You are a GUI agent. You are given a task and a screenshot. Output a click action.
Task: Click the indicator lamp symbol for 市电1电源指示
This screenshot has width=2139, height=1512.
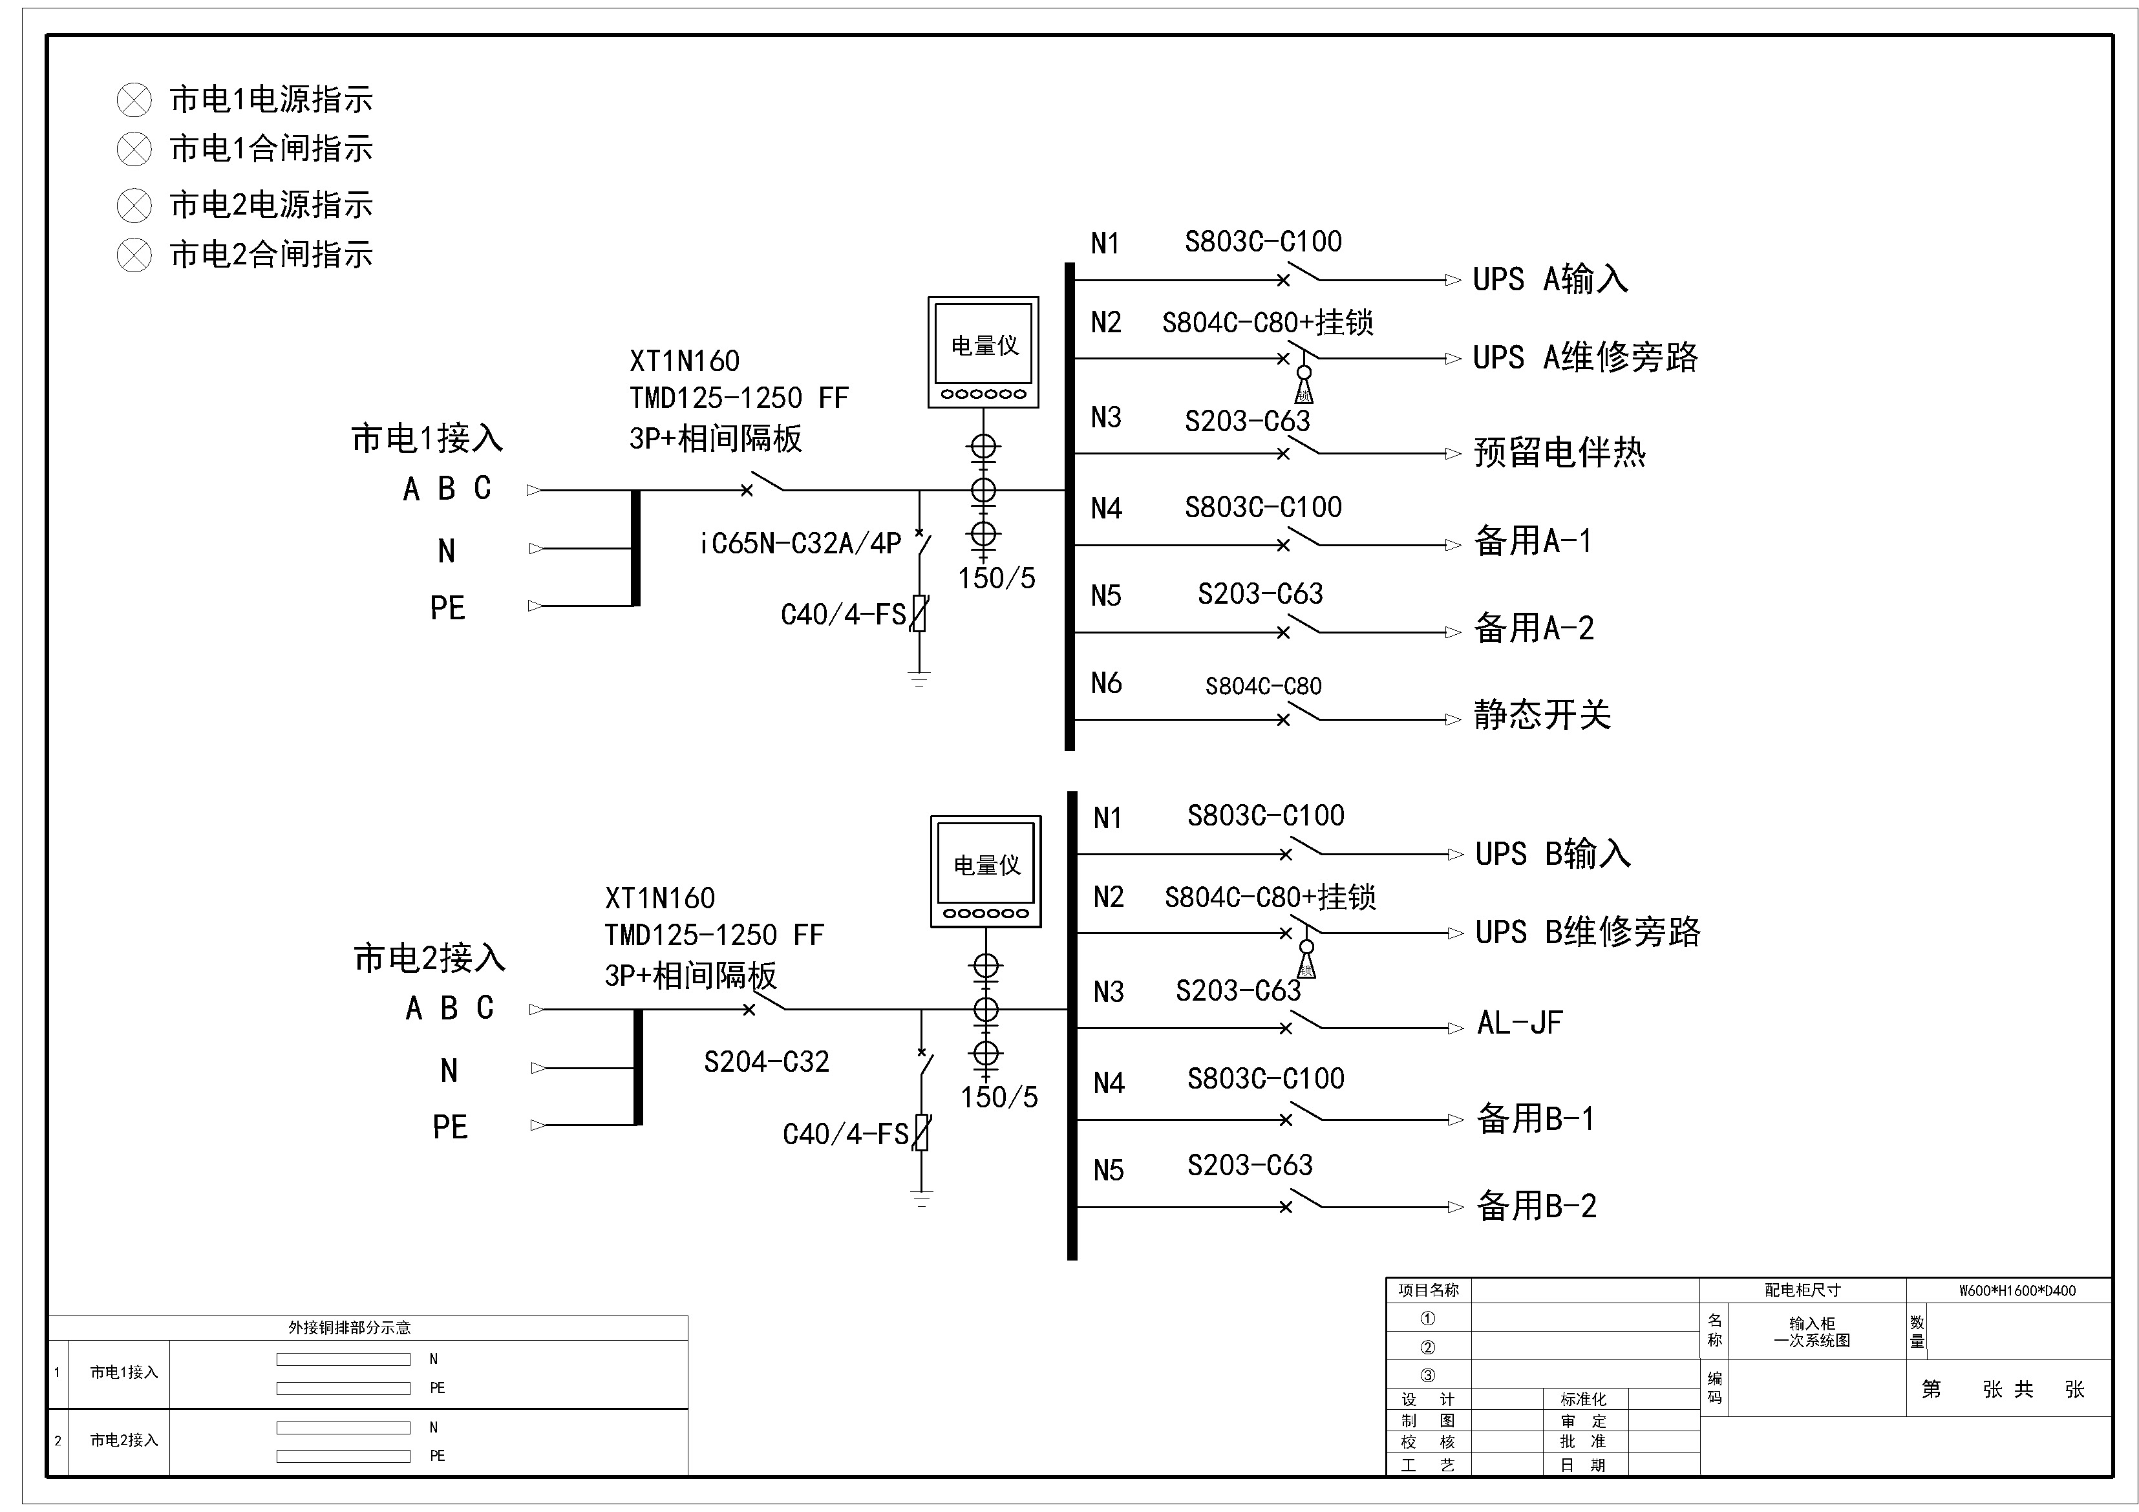(x=134, y=100)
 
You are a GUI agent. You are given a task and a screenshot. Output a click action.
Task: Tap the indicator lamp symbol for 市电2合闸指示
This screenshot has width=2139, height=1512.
(x=134, y=254)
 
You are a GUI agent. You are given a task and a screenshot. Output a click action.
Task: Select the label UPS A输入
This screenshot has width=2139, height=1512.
(x=1549, y=279)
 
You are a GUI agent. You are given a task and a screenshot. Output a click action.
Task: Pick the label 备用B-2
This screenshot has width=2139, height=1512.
(x=1537, y=1206)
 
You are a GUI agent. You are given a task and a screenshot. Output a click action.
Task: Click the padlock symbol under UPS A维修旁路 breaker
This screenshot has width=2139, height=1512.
(x=1304, y=386)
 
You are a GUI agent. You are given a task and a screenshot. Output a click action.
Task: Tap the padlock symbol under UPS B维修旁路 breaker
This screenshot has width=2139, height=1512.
(x=1307, y=961)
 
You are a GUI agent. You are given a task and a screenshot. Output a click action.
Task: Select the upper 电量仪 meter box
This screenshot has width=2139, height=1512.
(x=983, y=352)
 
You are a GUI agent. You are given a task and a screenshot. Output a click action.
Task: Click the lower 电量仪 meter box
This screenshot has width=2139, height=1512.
(x=986, y=871)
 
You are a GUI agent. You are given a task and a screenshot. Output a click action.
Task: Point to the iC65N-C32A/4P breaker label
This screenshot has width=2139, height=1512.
(x=800, y=543)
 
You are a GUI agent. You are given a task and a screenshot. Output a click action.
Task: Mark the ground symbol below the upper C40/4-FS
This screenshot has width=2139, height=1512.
(x=919, y=679)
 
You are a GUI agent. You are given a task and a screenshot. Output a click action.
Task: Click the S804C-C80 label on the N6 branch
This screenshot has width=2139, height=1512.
(x=1263, y=687)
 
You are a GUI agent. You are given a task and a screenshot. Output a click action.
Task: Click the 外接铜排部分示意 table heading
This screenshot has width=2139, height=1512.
(x=349, y=1328)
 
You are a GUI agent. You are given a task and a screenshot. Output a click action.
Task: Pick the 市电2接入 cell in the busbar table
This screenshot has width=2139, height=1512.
(x=124, y=1440)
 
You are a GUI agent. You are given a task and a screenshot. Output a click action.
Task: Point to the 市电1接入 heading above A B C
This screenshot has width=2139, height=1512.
(x=427, y=439)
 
